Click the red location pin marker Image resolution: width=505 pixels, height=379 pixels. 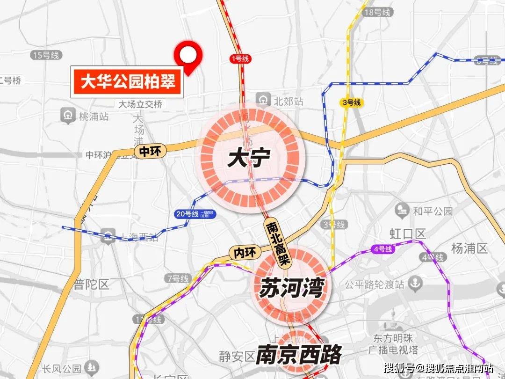coord(188,56)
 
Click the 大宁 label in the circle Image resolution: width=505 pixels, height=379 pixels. coord(248,159)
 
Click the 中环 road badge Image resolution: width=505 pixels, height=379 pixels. coord(149,151)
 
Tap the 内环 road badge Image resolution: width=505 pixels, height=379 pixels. coord(245,253)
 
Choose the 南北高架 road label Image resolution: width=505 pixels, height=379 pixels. coord(279,243)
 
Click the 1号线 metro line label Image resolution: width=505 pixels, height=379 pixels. coord(241,59)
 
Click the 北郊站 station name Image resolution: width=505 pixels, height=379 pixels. coord(289,101)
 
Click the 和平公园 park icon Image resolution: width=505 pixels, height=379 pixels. coord(402,211)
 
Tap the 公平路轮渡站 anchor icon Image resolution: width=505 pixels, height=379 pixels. coord(415,283)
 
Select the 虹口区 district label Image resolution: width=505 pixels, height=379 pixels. coord(408,233)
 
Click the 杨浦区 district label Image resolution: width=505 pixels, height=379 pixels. coord(469,248)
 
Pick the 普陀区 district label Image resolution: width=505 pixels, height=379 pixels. coord(91,284)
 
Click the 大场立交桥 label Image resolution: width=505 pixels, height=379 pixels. coord(140,104)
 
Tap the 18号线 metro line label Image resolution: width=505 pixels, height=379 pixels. coord(377,13)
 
